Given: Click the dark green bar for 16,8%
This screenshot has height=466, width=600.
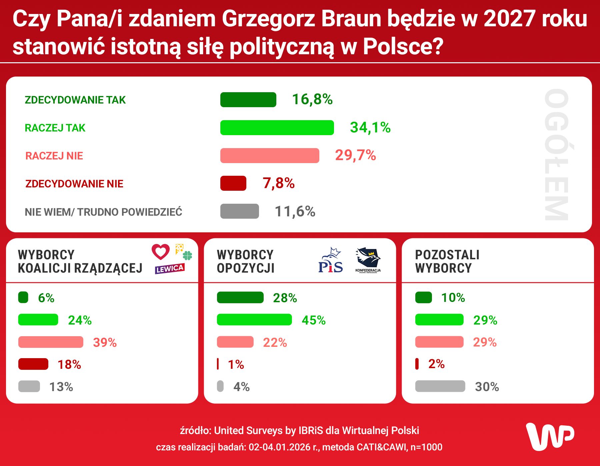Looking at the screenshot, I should coord(248,100).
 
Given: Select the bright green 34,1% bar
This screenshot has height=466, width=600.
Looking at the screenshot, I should coord(277,127).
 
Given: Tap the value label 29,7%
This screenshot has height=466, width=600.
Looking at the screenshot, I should coord(355,155).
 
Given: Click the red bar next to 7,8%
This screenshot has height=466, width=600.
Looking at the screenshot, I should coord(233,183).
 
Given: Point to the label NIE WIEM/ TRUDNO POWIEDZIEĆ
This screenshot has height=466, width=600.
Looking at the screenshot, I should coord(103,212).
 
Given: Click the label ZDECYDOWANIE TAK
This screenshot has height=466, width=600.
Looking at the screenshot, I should coord(75,100).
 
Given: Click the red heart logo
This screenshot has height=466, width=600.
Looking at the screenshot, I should coord(161,252).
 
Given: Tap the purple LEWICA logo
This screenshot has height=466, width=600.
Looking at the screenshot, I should coord(169,269).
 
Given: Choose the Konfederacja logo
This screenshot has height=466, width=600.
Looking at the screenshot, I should coord(368,260).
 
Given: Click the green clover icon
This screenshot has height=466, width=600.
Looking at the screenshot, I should coord(188,255).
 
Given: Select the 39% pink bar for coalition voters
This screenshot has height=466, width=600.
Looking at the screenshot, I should coord(51,342).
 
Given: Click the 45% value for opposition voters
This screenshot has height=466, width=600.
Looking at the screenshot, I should coord(313,320).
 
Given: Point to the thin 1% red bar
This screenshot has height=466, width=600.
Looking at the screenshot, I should coord(218,364).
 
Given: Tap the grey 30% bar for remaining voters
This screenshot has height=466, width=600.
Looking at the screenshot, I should coord(440,386).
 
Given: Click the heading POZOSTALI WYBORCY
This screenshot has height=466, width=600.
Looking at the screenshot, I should coord(447,261).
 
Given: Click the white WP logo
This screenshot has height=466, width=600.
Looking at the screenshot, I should coord(550,436).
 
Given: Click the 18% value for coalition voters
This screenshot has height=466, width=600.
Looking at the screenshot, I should coord(69,365).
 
